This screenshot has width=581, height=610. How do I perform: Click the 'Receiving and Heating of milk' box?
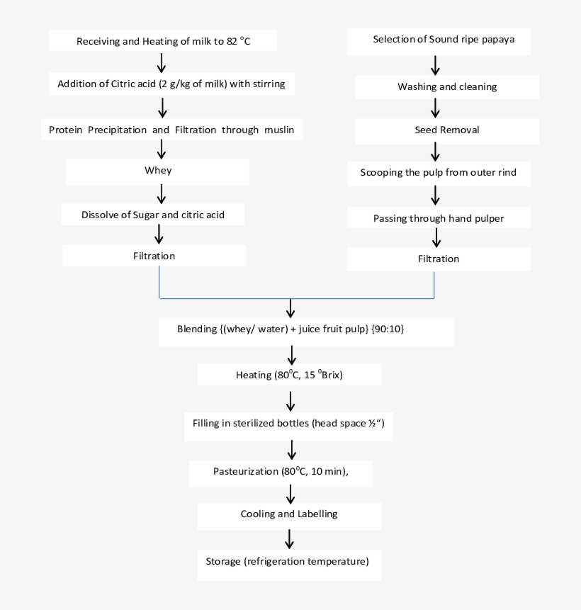tap(163, 41)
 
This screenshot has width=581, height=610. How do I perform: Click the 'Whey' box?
tap(158, 171)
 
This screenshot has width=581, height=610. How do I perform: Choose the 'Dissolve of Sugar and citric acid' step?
tap(153, 214)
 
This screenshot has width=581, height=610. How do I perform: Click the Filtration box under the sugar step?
tap(154, 256)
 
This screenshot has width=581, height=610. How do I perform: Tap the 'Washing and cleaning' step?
tap(447, 87)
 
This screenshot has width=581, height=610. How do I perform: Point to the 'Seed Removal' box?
tap(447, 130)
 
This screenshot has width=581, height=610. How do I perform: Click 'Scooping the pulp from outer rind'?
tap(439, 173)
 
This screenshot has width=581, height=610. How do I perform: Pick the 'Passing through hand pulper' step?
tap(439, 218)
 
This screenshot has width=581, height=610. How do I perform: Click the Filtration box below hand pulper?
tap(439, 259)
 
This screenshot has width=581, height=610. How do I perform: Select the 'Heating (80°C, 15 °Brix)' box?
tap(289, 375)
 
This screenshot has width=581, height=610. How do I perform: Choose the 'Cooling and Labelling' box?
tap(289, 514)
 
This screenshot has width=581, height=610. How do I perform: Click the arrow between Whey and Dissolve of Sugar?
tap(162, 193)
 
